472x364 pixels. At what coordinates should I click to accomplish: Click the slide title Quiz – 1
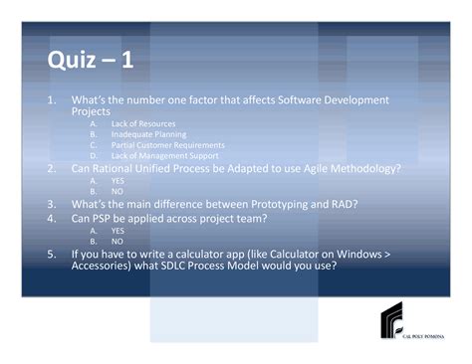(91, 62)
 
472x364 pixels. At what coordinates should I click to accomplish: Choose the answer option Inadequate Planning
(148, 134)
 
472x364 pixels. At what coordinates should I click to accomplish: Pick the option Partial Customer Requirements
(167, 145)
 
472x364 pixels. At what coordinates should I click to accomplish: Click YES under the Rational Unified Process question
(118, 181)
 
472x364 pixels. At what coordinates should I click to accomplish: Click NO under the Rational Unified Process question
(117, 191)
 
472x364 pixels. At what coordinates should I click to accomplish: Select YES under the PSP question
(118, 230)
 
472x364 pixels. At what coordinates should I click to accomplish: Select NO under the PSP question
(117, 241)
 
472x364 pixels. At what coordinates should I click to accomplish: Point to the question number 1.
(51, 100)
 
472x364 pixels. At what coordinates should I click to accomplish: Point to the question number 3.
(51, 204)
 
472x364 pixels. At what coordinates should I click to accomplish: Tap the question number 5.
(51, 255)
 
